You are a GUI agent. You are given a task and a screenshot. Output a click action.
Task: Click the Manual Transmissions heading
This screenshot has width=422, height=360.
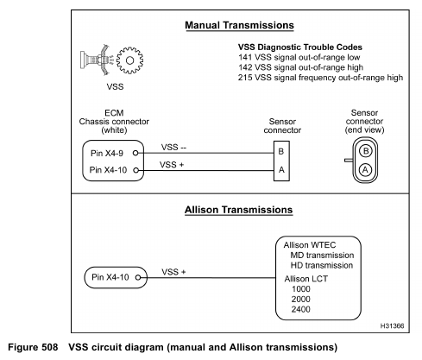[x=239, y=25]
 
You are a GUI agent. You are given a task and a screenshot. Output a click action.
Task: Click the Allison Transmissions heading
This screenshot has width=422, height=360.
[x=239, y=210]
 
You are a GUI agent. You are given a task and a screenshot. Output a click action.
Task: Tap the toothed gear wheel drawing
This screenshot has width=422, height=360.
[x=129, y=60]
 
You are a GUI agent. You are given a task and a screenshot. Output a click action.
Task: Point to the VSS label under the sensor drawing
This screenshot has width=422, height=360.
[x=115, y=86]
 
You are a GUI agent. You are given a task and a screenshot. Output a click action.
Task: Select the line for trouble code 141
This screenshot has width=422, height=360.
[x=299, y=57]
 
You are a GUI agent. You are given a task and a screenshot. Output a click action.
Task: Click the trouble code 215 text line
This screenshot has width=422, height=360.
[x=320, y=78]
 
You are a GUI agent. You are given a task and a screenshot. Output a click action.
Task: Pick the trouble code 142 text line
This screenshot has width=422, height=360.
[x=300, y=67]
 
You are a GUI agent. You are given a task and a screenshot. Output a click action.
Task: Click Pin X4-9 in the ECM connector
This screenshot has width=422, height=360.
[x=107, y=153]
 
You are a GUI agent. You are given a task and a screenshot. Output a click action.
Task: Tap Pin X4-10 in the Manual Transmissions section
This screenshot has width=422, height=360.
[x=108, y=170]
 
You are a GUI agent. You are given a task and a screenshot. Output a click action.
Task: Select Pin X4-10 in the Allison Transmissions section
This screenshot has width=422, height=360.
[x=110, y=277]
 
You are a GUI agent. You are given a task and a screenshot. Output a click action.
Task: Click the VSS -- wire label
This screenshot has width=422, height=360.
[x=173, y=148]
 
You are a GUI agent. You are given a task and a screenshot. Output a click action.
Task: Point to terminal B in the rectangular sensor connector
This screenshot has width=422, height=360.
[x=281, y=151]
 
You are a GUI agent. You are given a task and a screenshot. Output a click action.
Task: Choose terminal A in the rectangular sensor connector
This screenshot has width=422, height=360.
[x=281, y=170]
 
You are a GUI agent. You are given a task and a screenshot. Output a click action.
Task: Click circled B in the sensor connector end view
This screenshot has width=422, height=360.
[x=366, y=151]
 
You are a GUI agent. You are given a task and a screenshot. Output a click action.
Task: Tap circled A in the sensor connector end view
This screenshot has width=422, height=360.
[x=365, y=169]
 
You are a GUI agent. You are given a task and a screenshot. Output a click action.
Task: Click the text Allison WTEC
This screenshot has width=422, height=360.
[x=310, y=245]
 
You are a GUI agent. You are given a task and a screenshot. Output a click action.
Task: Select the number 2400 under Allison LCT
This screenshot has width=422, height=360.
[x=301, y=309]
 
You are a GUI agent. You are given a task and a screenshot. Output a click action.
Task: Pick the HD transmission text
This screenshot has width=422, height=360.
[x=322, y=265]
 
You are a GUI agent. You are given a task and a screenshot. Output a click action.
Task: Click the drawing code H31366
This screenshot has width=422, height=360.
[x=392, y=325]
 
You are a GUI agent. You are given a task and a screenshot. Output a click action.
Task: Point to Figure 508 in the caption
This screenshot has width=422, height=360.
[x=33, y=347]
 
